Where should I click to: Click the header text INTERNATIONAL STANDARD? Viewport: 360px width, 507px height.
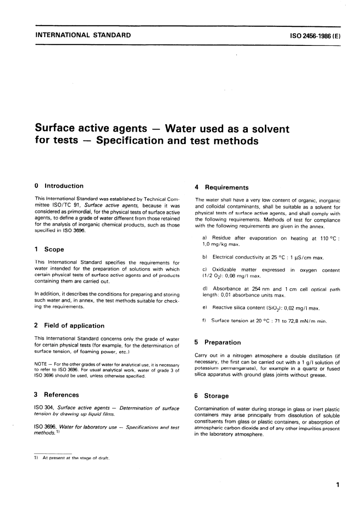pos(83,35)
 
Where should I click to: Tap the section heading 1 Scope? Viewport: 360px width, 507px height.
pos(49,249)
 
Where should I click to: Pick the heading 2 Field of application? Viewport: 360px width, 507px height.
pos(69,325)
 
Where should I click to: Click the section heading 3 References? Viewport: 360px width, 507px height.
pos(56,394)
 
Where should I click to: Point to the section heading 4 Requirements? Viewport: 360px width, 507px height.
pos(222,187)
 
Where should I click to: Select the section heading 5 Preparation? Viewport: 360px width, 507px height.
pos(218,342)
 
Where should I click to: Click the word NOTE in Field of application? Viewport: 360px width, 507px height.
pos(41,364)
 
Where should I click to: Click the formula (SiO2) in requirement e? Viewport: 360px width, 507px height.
pos(274,308)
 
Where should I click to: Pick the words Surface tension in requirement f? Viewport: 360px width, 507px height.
pos(227,321)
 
